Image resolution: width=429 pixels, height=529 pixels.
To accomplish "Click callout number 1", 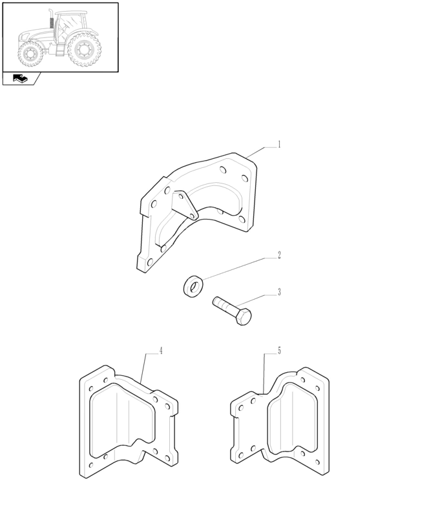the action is pyautogui.click(x=279, y=145).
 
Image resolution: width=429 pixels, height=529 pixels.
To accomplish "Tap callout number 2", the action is pyautogui.click(x=279, y=255).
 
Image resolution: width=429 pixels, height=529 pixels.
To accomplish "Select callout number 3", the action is pyautogui.click(x=279, y=292).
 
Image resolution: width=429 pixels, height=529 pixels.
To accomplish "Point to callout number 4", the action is pyautogui.click(x=161, y=351).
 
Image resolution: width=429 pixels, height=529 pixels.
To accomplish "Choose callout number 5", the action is pyautogui.click(x=279, y=351).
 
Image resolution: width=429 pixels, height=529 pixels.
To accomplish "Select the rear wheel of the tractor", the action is pyautogui.click(x=85, y=50).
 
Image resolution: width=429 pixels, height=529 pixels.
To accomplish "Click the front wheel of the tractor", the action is pyautogui.click(x=31, y=54).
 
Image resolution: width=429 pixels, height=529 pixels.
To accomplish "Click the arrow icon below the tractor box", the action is pyautogui.click(x=20, y=79).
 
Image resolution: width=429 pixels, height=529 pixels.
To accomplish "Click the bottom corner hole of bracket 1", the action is pyautogui.click(x=150, y=262).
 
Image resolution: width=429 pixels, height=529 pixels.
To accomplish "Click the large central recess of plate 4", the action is pyautogui.click(x=122, y=420).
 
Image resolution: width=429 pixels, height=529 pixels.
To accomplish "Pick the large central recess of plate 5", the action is pyautogui.click(x=293, y=419).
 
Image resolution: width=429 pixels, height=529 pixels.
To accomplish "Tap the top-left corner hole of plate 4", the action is pyautogui.click(x=91, y=389).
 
